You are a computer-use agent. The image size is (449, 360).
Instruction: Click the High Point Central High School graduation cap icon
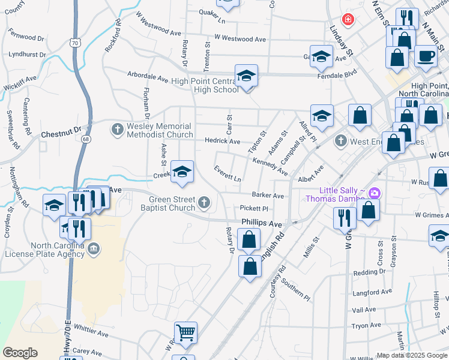(246, 76)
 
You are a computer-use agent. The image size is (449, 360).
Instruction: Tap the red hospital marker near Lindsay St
(348, 20)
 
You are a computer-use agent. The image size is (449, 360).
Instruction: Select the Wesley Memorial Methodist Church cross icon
(117, 128)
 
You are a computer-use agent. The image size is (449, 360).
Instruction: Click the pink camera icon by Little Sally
(375, 193)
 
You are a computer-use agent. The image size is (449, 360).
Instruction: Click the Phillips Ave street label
(261, 223)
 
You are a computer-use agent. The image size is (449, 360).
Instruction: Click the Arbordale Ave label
(148, 77)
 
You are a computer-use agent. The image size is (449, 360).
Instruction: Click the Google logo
(20, 353)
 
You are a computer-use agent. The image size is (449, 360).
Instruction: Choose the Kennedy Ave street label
(270, 164)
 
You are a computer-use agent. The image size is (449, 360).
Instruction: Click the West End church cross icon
(341, 141)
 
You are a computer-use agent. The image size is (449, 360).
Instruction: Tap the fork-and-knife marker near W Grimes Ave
(345, 217)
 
